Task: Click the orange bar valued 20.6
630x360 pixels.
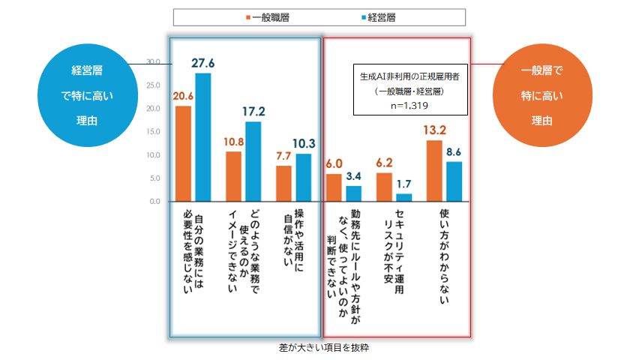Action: point(183,154)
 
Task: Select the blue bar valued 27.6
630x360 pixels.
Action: point(202,137)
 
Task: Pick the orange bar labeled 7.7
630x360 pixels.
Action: point(283,184)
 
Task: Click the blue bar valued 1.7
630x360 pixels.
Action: point(403,198)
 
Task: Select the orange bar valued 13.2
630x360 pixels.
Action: point(433,171)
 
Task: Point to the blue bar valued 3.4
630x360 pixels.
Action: point(353,193)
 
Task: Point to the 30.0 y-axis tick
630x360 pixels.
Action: point(153,61)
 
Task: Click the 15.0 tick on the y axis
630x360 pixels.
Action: point(153,132)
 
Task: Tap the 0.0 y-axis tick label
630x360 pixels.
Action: point(154,202)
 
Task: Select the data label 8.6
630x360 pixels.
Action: point(453,152)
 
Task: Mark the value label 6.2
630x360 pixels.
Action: point(384,162)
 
